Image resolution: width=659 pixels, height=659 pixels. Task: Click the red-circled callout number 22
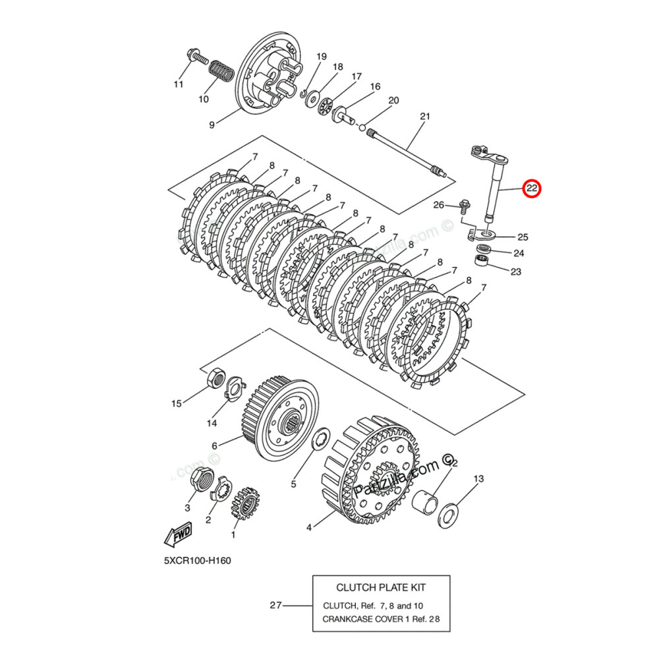(532, 189)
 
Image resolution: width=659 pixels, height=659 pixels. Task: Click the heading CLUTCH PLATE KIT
(381, 587)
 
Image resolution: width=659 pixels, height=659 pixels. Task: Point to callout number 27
(276, 605)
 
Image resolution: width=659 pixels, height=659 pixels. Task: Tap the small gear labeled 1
(245, 505)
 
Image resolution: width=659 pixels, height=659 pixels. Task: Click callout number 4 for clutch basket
(308, 527)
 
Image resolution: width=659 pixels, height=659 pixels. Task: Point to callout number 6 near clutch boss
(215, 446)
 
